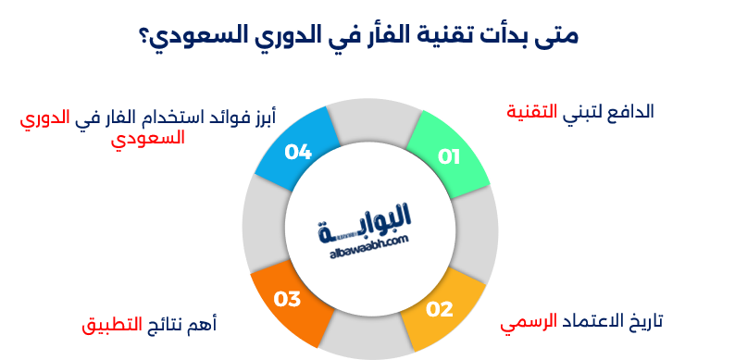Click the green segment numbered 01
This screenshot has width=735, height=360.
[x=449, y=155]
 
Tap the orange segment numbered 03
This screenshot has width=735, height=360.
[x=289, y=299]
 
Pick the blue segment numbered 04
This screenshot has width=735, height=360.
[x=295, y=150]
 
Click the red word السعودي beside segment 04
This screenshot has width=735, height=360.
[x=147, y=138]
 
